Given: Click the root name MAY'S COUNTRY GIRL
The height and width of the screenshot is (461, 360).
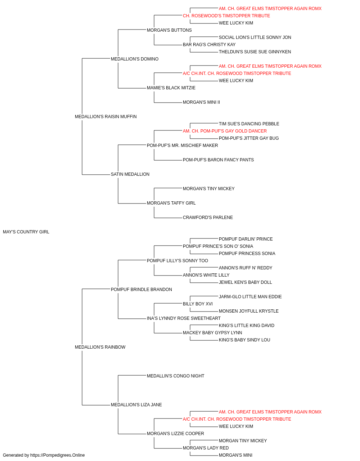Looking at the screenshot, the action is pyautogui.click(x=26, y=232).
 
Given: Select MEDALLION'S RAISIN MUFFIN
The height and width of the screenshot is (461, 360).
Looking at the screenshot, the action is pyautogui.click(x=105, y=117).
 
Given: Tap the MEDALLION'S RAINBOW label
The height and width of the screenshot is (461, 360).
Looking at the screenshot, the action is pyautogui.click(x=100, y=347).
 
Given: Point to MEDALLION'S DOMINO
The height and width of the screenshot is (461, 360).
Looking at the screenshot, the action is pyautogui.click(x=135, y=59).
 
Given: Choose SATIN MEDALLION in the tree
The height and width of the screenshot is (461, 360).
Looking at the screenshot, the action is pyautogui.click(x=130, y=174).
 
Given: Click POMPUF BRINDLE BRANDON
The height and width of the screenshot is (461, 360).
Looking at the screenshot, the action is pyautogui.click(x=141, y=290).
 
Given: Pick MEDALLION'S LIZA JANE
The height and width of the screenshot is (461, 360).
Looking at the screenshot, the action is pyautogui.click(x=136, y=405).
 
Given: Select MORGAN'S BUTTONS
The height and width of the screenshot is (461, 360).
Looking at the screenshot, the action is pyautogui.click(x=169, y=30).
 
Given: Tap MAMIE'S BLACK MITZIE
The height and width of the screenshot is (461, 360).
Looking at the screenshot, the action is pyautogui.click(x=171, y=88).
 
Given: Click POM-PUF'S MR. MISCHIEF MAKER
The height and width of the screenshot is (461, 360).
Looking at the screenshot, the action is pyautogui.click(x=182, y=146).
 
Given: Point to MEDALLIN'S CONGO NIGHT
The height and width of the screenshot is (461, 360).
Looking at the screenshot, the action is pyautogui.click(x=176, y=376).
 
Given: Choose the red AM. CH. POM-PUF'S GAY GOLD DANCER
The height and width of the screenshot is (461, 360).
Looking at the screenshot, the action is pyautogui.click(x=225, y=131).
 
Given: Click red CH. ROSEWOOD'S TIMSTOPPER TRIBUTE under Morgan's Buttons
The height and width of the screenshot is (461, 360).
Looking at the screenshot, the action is pyautogui.click(x=226, y=16).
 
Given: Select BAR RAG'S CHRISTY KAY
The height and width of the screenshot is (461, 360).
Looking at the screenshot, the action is pyautogui.click(x=209, y=45).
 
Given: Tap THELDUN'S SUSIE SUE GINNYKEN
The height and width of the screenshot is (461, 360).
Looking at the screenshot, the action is pyautogui.click(x=255, y=52).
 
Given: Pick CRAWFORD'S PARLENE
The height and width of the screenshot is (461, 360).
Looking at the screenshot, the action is pyautogui.click(x=208, y=218).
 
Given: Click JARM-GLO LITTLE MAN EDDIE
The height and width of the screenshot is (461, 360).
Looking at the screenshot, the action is pyautogui.click(x=250, y=297).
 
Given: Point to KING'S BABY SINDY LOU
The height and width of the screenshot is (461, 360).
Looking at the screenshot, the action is pyautogui.click(x=244, y=340).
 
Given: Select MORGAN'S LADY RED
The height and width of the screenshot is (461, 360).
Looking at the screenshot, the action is pyautogui.click(x=206, y=448).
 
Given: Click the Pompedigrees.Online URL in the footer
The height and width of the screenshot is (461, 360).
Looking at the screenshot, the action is pyautogui.click(x=58, y=455).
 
